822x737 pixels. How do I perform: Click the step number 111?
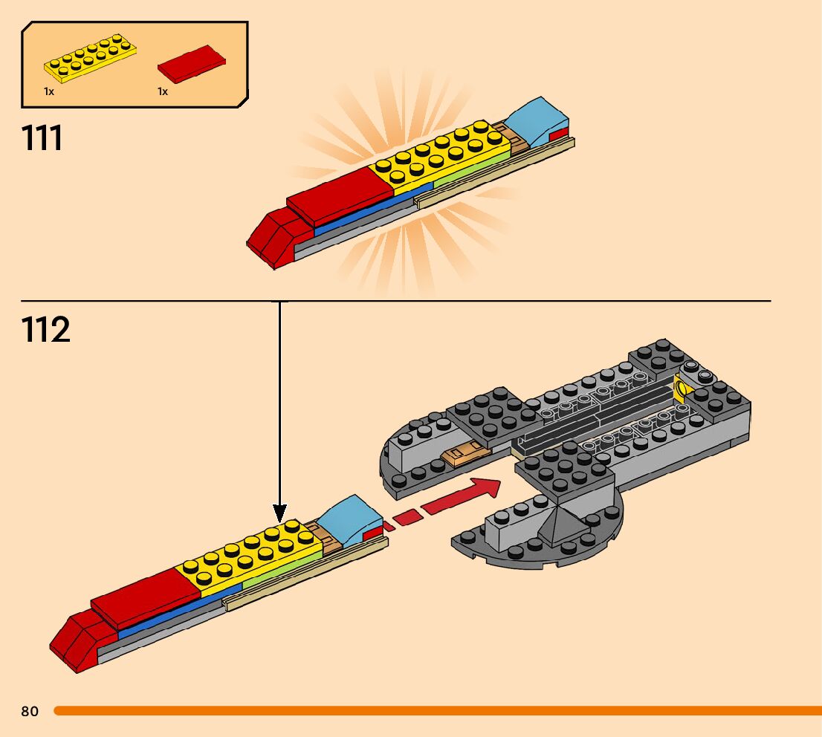point(43,138)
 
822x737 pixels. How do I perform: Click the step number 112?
point(46,329)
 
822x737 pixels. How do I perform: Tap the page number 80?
point(30,712)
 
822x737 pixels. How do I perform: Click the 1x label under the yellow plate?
point(49,91)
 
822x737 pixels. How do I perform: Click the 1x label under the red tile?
point(163,91)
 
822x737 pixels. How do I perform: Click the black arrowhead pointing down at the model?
point(279,512)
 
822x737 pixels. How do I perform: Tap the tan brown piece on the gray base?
point(465,452)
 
